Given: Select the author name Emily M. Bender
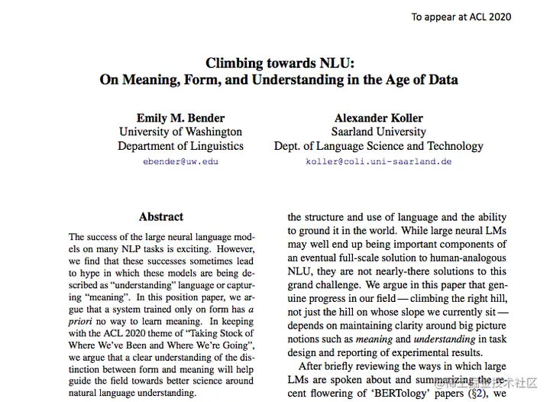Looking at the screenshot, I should click(180, 118).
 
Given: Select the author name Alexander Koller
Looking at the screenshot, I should click(379, 118).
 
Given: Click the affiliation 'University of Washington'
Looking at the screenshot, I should click(180, 132).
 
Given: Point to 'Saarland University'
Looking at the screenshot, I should click(379, 132).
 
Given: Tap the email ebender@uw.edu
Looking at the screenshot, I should click(180, 162).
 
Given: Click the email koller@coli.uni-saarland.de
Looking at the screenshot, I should click(379, 162).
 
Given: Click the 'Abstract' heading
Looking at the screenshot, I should click(161, 217).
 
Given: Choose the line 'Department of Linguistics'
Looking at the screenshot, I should click(180, 146).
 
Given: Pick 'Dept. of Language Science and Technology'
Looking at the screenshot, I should click(379, 146).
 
